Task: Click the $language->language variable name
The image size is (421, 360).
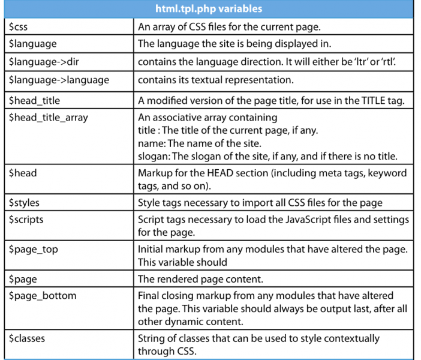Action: [59, 79]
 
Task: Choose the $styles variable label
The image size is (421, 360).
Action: [25, 203]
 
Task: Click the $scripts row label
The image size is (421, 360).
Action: [26, 220]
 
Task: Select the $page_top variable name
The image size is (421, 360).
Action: [33, 250]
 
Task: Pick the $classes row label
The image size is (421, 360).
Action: [27, 338]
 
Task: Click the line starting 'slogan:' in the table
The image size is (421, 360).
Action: [267, 157]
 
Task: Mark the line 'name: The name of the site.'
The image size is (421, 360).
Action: [199, 143]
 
